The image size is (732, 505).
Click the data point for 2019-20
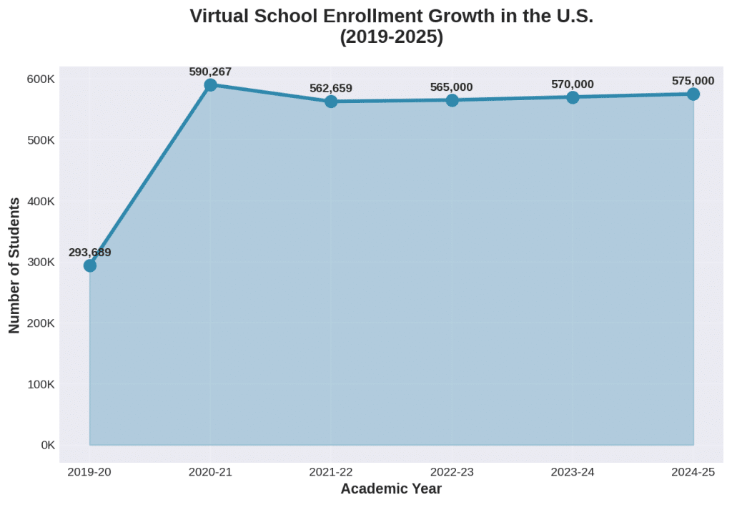click(x=90, y=265)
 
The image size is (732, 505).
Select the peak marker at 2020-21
click(x=210, y=85)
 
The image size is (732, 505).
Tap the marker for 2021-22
click(x=331, y=102)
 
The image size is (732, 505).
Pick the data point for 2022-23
click(x=452, y=100)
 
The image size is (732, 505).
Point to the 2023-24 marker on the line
click(x=573, y=97)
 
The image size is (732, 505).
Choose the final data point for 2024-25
click(x=693, y=94)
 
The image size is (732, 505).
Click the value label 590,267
click(x=210, y=72)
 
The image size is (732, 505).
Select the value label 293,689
click(x=90, y=252)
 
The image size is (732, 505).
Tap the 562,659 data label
click(x=331, y=89)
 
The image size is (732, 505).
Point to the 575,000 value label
click(x=693, y=81)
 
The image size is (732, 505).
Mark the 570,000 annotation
click(x=573, y=84)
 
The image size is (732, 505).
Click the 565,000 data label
click(x=452, y=87)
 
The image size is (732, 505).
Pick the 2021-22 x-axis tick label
click(x=331, y=471)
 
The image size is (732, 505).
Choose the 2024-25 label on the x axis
click(x=693, y=471)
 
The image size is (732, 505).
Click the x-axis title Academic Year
click(x=391, y=489)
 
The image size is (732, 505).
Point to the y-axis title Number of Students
click(x=14, y=266)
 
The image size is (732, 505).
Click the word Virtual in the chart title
click(x=219, y=16)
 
